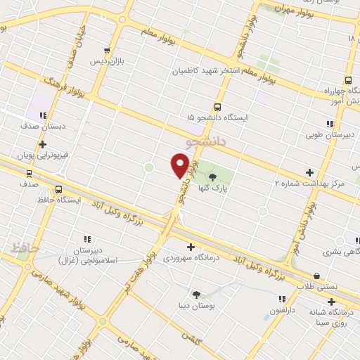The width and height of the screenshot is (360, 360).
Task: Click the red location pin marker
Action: (x=180, y=165)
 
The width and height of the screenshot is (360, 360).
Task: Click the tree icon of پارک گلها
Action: (x=212, y=178)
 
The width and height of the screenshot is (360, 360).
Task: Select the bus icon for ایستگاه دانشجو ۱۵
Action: (x=217, y=108)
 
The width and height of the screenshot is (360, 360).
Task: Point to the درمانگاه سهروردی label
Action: (x=188, y=258)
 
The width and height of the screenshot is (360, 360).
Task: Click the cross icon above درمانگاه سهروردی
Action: (x=190, y=247)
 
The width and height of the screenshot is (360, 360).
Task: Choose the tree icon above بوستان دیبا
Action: (x=196, y=295)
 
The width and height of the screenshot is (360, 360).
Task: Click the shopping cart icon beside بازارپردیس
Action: (x=107, y=50)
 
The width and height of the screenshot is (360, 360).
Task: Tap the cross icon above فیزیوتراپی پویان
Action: (x=42, y=144)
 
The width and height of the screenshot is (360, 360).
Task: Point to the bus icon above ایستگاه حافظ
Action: (x=58, y=188)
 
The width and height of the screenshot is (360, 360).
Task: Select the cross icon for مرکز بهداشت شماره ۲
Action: (x=309, y=172)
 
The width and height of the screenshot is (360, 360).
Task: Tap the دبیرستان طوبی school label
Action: (x=330, y=134)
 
